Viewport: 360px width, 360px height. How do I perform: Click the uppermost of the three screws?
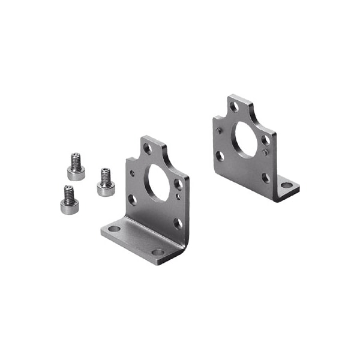point(76,167)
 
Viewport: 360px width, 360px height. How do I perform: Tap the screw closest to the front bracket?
point(106,182)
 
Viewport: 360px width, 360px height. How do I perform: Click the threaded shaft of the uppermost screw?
point(76,160)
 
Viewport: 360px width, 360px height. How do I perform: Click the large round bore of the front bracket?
point(157,184)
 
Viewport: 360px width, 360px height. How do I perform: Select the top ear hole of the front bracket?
point(147,149)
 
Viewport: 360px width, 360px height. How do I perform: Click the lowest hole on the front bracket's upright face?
point(178,223)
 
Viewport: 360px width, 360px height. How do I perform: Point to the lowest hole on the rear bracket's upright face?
point(265,178)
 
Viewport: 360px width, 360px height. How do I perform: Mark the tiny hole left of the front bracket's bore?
point(133,175)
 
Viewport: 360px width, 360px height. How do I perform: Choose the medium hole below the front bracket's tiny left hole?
point(132,199)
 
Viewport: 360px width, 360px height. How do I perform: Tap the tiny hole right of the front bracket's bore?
point(178,196)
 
